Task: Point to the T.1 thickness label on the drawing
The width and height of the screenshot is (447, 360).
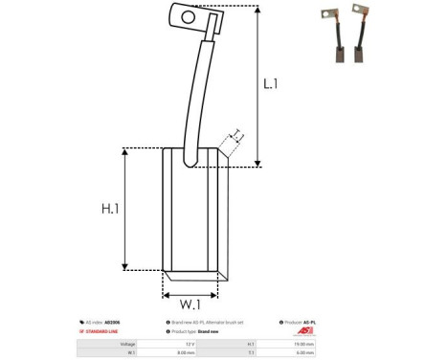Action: [235, 136]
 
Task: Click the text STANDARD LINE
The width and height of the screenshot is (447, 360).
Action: [106, 333]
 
